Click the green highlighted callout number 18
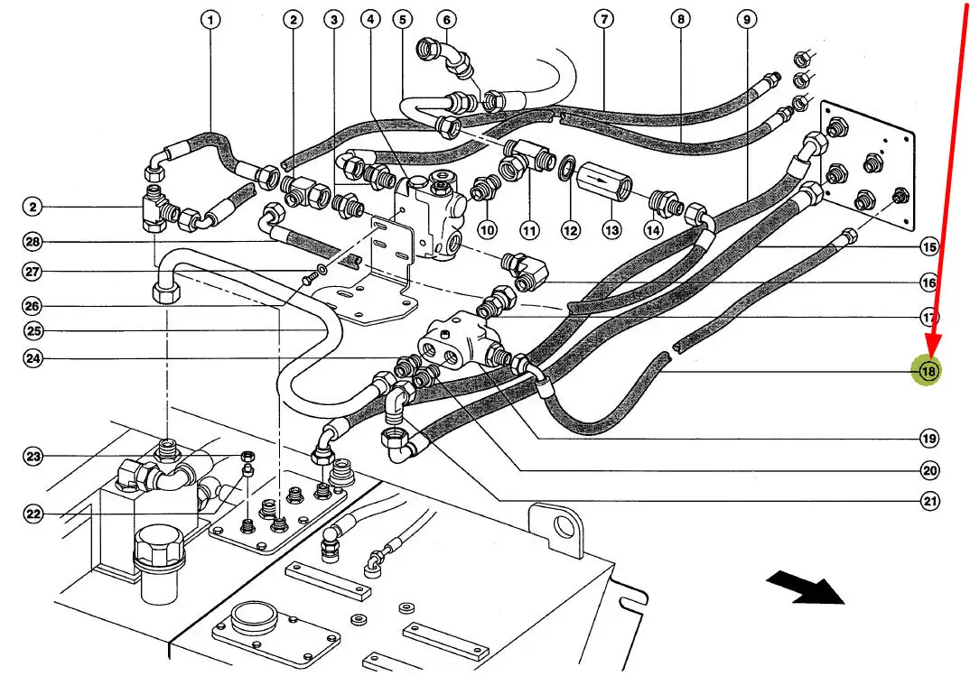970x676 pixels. (928, 371)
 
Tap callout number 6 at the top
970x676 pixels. (445, 19)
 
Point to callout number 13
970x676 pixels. (612, 230)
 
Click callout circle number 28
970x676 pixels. (33, 242)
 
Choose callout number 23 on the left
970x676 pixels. (33, 457)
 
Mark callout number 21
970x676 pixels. (928, 501)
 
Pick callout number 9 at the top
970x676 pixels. (746, 19)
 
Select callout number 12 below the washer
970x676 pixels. (570, 230)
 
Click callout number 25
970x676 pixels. (33, 329)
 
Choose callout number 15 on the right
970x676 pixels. (928, 246)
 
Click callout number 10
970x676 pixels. (488, 230)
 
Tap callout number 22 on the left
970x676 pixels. (33, 514)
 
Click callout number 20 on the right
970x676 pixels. (928, 470)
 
